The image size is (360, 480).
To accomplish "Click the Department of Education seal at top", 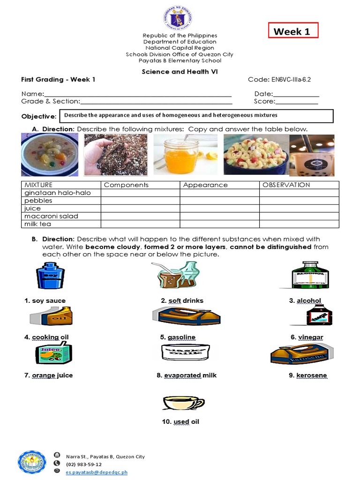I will (x=180, y=19).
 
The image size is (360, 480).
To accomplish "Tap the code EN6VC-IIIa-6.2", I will (x=285, y=80).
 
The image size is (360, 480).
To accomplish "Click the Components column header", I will (x=126, y=185).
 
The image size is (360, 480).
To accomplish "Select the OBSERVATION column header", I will (x=286, y=185).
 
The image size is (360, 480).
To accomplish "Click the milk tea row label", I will (x=38, y=224).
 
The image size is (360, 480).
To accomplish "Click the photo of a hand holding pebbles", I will (x=115, y=155).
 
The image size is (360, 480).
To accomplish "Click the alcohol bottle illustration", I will (x=310, y=276).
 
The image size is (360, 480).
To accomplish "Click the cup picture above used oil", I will (x=183, y=403).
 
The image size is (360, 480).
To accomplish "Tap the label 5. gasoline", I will (x=178, y=337).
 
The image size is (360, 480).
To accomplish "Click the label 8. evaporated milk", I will (x=187, y=375).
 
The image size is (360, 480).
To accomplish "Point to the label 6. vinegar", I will (x=307, y=337).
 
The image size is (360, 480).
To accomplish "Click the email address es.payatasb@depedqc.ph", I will (x=97, y=472).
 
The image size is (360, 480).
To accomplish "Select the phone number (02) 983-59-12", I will (x=84, y=465).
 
